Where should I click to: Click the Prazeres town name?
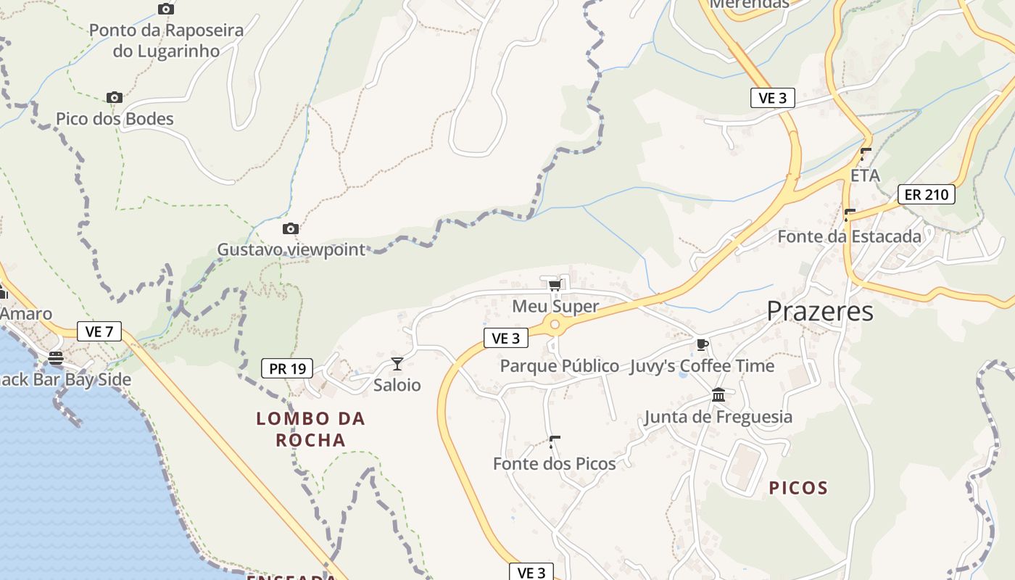(x=820, y=312)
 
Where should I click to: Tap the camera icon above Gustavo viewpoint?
(x=290, y=229)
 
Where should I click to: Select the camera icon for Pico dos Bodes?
(x=114, y=98)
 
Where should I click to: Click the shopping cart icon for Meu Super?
(x=555, y=284)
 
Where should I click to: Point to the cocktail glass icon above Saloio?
(x=397, y=363)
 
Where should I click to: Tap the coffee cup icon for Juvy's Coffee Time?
(x=701, y=344)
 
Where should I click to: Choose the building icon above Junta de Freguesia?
(x=718, y=395)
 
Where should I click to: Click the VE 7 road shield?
(x=99, y=332)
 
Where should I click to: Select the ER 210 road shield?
(x=926, y=194)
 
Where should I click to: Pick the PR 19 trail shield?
(x=287, y=368)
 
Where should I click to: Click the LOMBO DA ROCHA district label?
(x=310, y=429)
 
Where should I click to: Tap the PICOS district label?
(x=798, y=488)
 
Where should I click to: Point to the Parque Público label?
(x=559, y=366)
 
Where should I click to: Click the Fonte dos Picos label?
(x=554, y=464)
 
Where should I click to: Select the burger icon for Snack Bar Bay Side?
(x=56, y=358)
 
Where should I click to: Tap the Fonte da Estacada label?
(x=849, y=236)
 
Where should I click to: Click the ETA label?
(x=865, y=175)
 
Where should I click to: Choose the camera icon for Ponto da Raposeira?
(x=166, y=9)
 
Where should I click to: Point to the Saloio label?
(x=397, y=385)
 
